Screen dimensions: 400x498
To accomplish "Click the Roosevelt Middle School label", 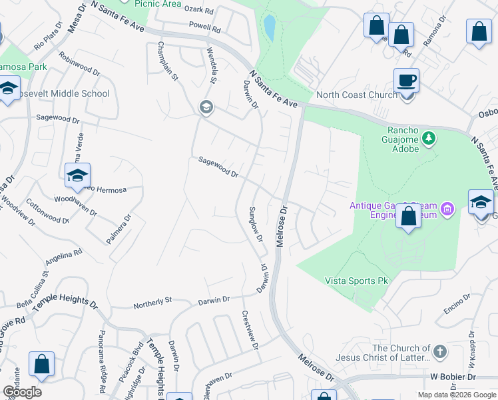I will (67, 93).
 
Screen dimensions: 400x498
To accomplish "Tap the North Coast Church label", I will (356, 95).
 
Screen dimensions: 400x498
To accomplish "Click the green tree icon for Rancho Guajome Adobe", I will (429, 138).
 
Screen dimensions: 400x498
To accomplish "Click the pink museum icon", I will (448, 209).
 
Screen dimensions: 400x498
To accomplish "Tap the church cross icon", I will (440, 351).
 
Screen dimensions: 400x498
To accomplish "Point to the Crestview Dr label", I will (250, 330).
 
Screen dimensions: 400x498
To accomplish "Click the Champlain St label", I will (167, 61).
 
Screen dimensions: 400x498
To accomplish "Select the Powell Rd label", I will (204, 29).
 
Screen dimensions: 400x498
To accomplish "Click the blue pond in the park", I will (270, 27).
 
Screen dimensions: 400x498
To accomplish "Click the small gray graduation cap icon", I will (206, 107).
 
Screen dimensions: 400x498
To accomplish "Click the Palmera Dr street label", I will (122, 229).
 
